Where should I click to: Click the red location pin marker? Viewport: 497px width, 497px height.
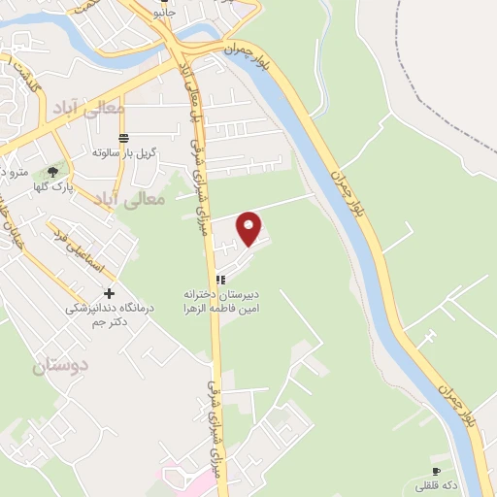tap(250, 227)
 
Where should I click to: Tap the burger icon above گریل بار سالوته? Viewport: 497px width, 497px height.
tap(122, 137)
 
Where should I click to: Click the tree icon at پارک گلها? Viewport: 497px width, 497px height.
tap(51, 171)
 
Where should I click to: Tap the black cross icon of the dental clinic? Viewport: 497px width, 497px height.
tap(109, 293)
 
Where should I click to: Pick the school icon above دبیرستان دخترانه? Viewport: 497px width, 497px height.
tap(220, 280)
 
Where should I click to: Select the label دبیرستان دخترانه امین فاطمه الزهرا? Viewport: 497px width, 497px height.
tap(220, 300)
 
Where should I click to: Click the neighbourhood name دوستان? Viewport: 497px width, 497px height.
tap(60, 365)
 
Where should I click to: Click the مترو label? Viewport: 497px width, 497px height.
tap(14, 173)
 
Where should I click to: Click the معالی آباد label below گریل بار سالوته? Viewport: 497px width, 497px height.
tap(135, 198)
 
